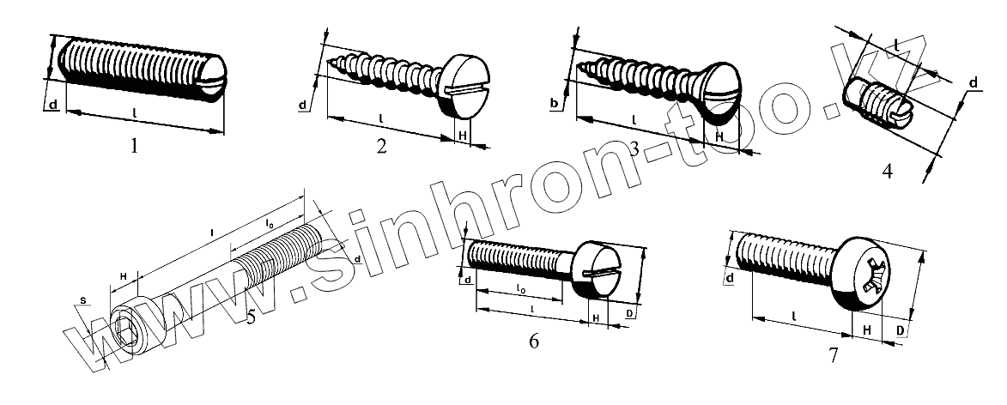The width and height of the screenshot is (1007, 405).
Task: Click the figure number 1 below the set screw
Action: click(133, 147)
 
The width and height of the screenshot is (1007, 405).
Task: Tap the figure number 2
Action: click(381, 147)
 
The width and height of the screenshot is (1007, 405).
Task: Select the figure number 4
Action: click(887, 171)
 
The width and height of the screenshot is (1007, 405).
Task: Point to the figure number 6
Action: click(534, 342)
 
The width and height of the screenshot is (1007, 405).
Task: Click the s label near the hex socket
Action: click(82, 300)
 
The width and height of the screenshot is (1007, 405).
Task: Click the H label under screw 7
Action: click(867, 330)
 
